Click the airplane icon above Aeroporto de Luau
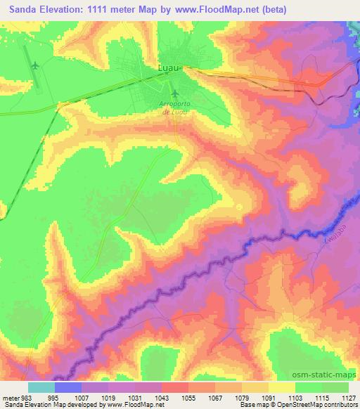pos(174,93)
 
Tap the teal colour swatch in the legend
pos(41,387)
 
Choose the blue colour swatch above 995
pos(67,387)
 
